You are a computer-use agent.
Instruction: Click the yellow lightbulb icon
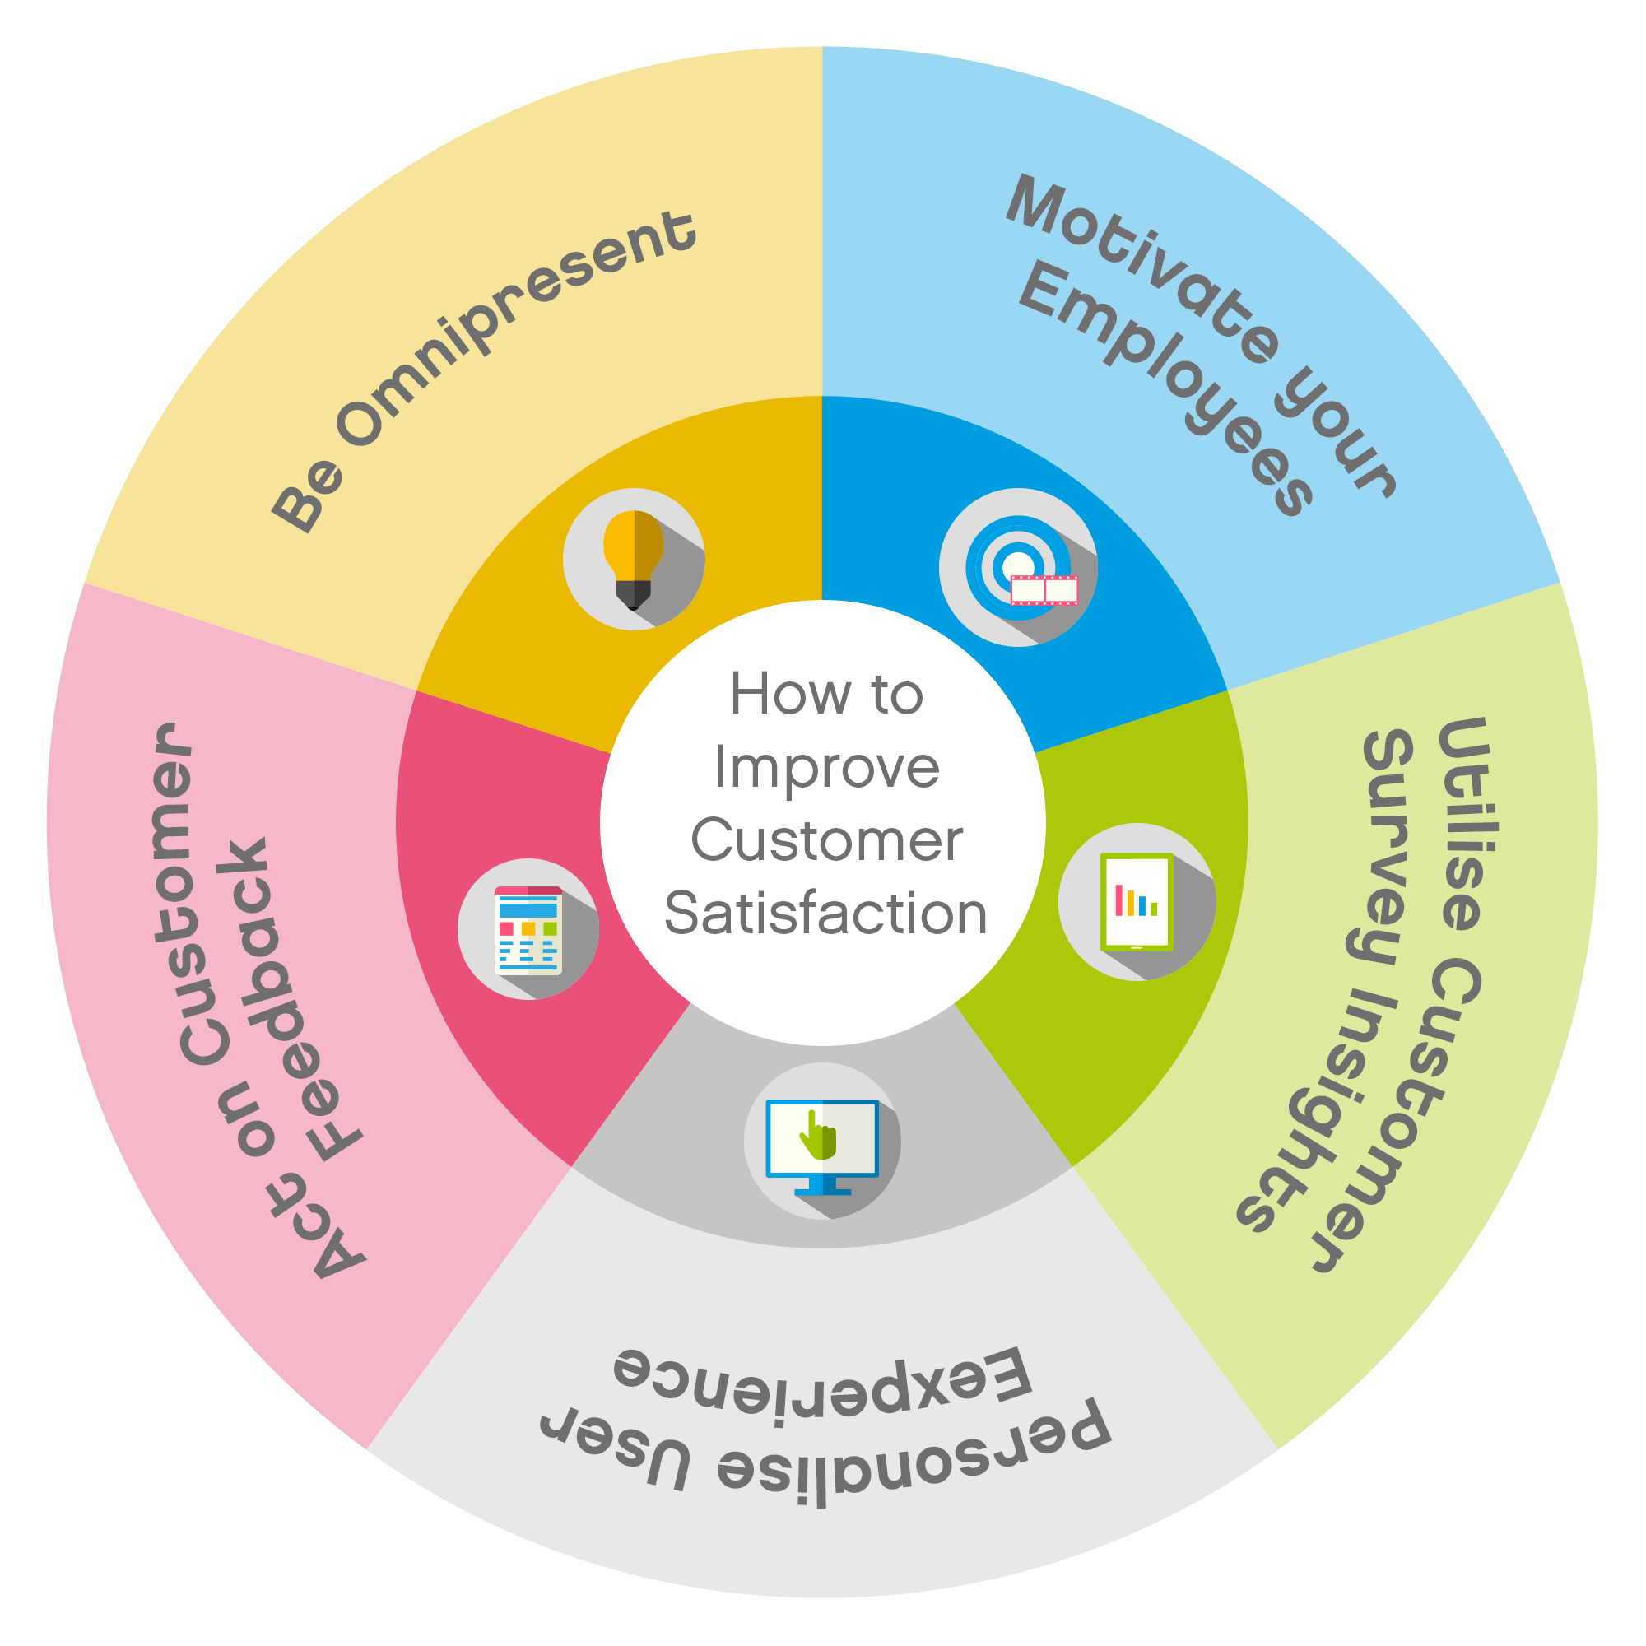tap(633, 560)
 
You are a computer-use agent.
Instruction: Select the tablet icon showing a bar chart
tap(1137, 901)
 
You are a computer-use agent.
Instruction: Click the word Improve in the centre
tap(826, 767)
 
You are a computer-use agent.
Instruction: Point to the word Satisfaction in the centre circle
tap(825, 914)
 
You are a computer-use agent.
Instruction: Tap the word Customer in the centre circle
tap(826, 840)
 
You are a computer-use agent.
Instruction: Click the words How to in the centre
tap(826, 694)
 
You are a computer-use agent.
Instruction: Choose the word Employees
tap(1167, 388)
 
